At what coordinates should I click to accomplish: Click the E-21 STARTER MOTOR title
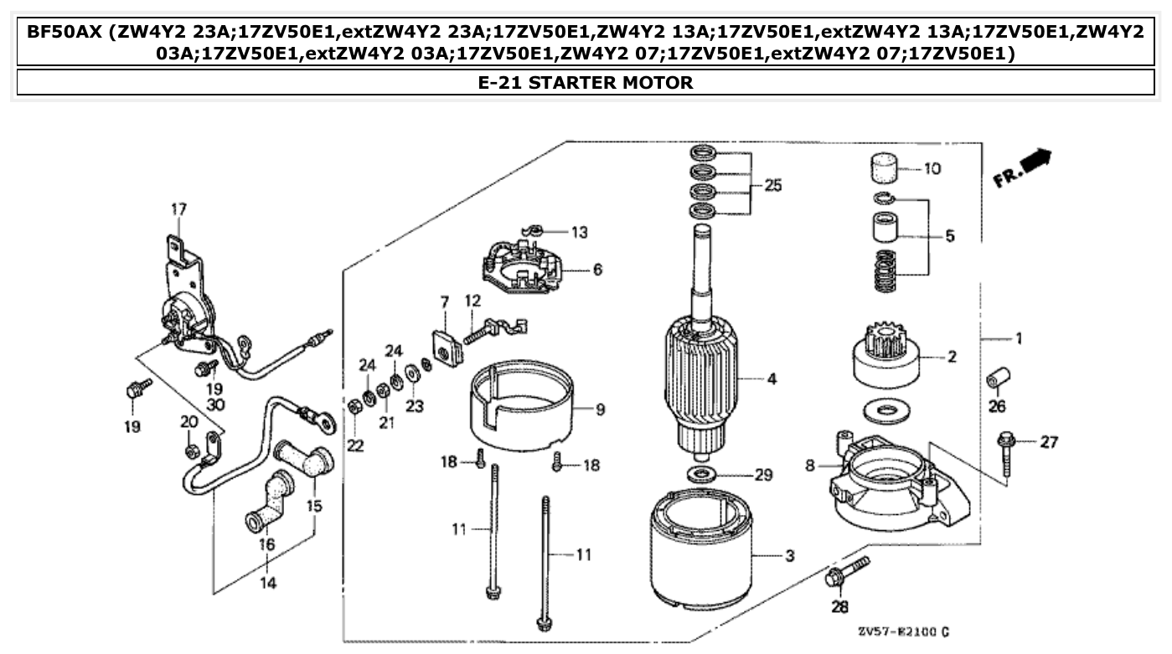pyautogui.click(x=585, y=82)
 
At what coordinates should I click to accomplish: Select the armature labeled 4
pyautogui.click(x=701, y=377)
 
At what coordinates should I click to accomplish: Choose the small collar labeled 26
pyautogui.click(x=998, y=378)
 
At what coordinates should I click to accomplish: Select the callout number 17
pyautogui.click(x=179, y=209)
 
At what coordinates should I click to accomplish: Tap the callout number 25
pyautogui.click(x=772, y=185)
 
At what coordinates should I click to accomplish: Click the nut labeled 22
pyautogui.click(x=354, y=407)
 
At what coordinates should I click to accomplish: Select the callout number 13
pyautogui.click(x=581, y=230)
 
